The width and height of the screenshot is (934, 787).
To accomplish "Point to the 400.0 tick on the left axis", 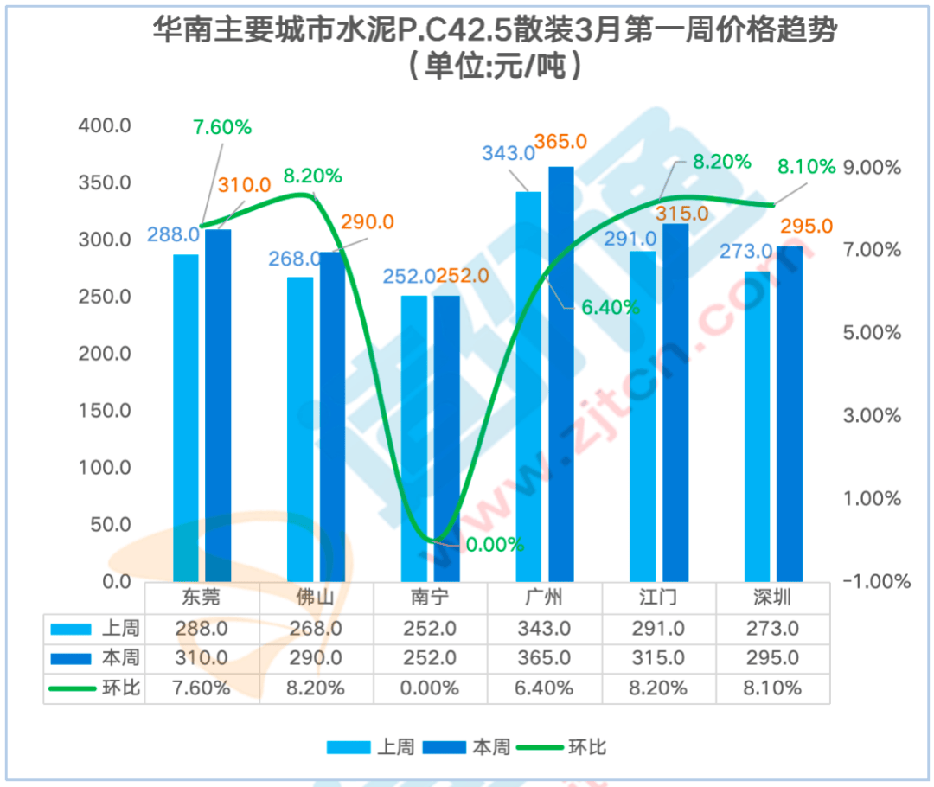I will click(105, 126).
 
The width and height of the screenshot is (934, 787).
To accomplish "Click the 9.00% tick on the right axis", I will click(871, 167).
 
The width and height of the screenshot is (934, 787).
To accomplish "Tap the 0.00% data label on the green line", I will click(494, 545).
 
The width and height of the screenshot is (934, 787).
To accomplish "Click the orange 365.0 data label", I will click(560, 141).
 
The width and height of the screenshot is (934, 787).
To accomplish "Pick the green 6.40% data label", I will click(611, 307).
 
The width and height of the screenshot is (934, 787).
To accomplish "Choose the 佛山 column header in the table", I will click(316, 598).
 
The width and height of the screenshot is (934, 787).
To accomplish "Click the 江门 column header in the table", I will click(658, 598).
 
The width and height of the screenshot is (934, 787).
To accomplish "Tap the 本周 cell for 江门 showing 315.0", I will click(658, 658).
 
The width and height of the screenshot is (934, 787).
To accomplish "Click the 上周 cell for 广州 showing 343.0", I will click(544, 628).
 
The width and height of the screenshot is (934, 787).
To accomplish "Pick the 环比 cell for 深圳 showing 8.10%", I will click(772, 688).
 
